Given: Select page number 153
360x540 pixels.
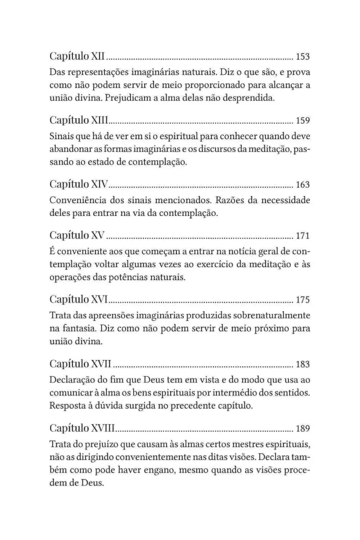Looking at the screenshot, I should coord(303,57).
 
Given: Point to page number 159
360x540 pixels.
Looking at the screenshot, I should coord(303,121).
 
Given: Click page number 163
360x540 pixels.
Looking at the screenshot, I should coord(303,184).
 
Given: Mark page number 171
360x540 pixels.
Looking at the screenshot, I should coord(303,235).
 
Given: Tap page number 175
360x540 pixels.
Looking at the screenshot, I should coord(303,299).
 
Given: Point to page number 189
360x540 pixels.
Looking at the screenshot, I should coord(303,427).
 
